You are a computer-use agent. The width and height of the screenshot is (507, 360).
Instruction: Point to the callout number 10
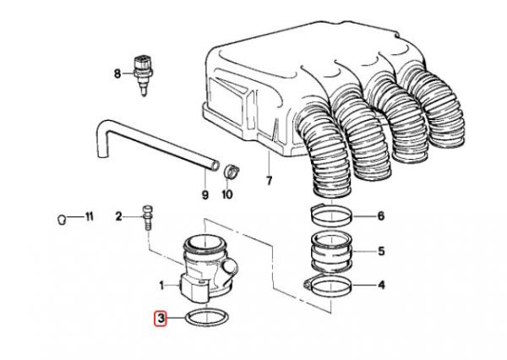[x=226, y=194]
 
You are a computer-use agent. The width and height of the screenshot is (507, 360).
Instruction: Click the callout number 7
[x=270, y=181]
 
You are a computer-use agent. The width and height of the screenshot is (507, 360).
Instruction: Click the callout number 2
[x=119, y=217]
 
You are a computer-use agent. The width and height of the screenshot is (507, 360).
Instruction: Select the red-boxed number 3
[x=160, y=319]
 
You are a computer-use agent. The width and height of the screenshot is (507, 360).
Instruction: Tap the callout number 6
[x=380, y=216]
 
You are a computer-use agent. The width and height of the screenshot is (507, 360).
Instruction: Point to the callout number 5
[x=380, y=251]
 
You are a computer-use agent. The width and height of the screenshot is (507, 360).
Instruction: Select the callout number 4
[x=380, y=286]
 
